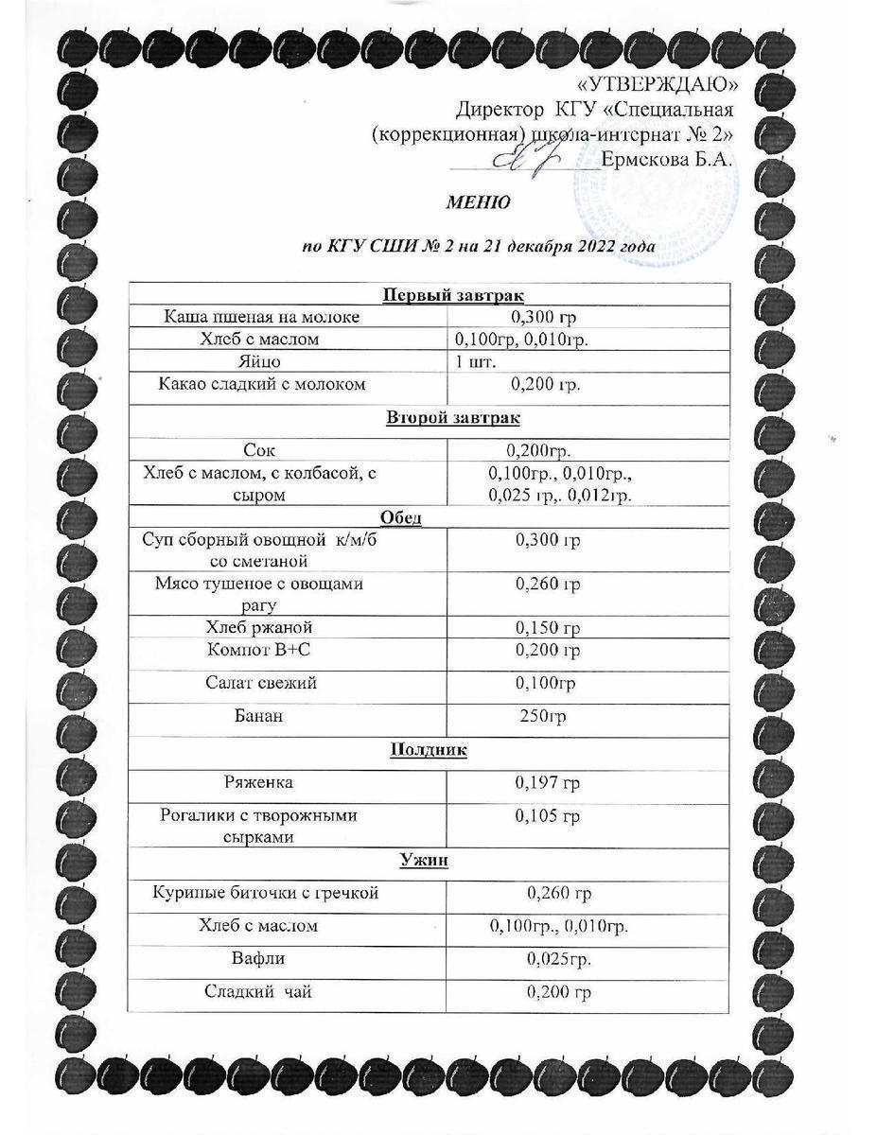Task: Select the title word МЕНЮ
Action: (x=479, y=202)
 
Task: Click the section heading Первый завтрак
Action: (x=454, y=295)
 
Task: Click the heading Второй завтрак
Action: (x=454, y=417)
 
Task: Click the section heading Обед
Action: (x=397, y=517)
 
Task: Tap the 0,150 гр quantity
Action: (x=547, y=628)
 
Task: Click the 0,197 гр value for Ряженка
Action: (x=547, y=783)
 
